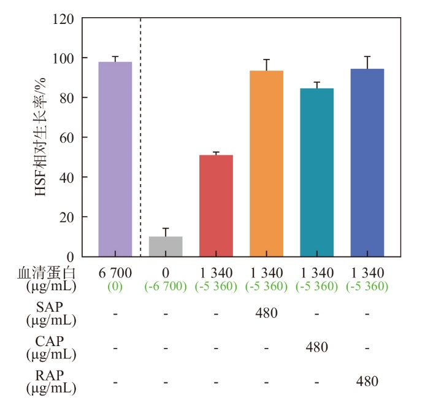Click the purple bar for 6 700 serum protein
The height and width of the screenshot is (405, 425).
(x=115, y=159)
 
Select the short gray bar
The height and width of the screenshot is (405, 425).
(x=166, y=246)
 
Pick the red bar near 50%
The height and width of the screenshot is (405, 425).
(x=216, y=206)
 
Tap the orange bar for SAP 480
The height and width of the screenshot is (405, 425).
(x=266, y=163)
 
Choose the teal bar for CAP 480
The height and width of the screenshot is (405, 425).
(x=316, y=172)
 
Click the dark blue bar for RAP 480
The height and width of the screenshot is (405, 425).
(x=367, y=163)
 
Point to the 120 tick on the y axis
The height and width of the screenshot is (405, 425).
(x=63, y=18)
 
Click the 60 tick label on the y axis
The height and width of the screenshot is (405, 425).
(x=66, y=137)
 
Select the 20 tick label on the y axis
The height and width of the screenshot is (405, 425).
(x=66, y=217)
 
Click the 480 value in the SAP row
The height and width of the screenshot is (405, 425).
(x=266, y=313)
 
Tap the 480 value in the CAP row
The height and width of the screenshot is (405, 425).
(x=316, y=347)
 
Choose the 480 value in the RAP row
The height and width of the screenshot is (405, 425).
(x=367, y=381)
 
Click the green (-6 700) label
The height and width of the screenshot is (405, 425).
(x=166, y=286)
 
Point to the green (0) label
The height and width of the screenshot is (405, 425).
(x=115, y=286)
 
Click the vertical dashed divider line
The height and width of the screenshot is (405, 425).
(x=141, y=123)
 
